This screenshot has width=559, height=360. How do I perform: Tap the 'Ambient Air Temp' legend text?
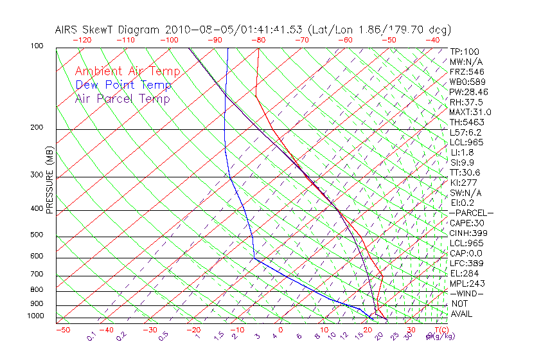pyautogui.click(x=127, y=71)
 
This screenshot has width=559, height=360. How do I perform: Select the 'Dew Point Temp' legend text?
pyautogui.click(x=123, y=85)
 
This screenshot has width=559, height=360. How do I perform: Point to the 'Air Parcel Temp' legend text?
pyautogui.click(x=123, y=98)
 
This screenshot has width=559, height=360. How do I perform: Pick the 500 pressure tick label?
pyautogui.click(x=37, y=235)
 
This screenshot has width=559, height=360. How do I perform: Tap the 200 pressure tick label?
pyautogui.click(x=37, y=128)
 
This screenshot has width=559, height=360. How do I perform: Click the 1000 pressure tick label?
pyautogui.click(x=35, y=316)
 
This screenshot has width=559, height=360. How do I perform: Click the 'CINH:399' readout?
pyautogui.click(x=468, y=233)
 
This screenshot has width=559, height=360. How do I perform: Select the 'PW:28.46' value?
pyautogui.click(x=468, y=92)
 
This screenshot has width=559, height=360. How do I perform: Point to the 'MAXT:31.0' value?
pyautogui.click(x=471, y=113)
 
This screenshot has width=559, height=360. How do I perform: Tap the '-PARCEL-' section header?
pyautogui.click(x=471, y=213)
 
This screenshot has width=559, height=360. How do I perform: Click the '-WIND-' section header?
pyautogui.click(x=466, y=294)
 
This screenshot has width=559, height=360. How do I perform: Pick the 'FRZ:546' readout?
pyautogui.click(x=467, y=71)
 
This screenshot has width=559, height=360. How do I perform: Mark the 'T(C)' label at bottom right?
pyautogui.click(x=441, y=330)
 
